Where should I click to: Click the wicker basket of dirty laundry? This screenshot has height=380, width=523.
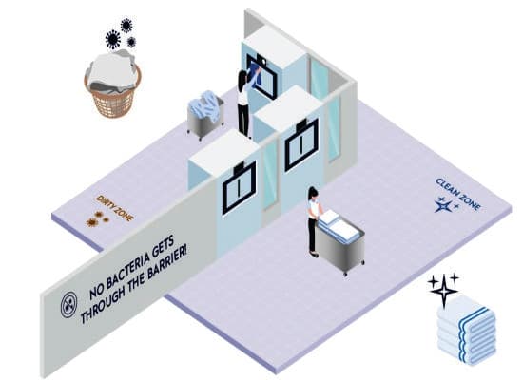[112, 85]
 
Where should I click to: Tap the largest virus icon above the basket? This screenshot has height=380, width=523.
[113, 39]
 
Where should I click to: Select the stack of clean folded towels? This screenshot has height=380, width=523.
[467, 331]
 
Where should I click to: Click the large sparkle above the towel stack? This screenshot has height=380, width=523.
[444, 291]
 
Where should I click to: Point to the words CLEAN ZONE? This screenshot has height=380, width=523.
[458, 195]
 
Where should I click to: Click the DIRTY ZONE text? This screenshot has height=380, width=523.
[115, 208]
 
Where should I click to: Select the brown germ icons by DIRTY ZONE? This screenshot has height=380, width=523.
[97, 218]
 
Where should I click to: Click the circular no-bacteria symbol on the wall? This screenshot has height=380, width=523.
[69, 305]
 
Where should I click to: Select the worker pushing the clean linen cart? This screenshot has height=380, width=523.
[314, 221]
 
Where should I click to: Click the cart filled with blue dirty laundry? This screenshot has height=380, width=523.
[204, 114]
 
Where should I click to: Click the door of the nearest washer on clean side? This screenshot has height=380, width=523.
[239, 188]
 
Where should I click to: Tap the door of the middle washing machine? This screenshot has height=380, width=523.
[301, 144]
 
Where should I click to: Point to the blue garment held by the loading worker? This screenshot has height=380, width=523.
[256, 76]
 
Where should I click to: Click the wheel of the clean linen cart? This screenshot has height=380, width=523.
[345, 274]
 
